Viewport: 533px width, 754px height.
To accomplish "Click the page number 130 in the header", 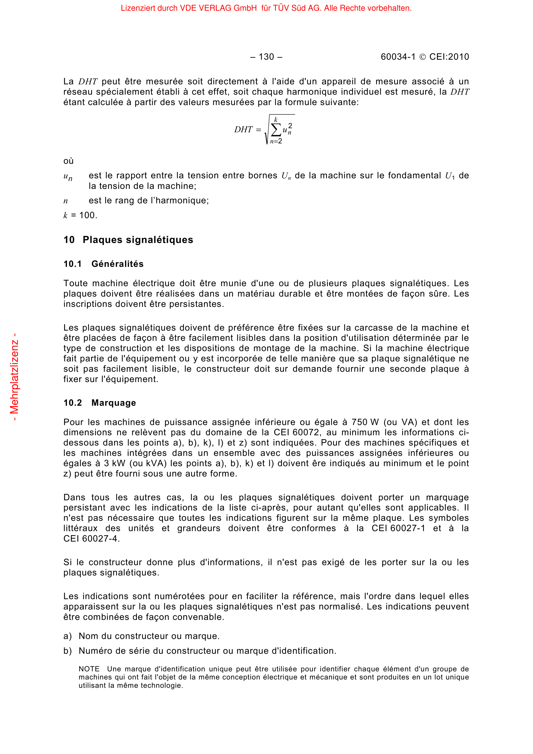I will [266, 57].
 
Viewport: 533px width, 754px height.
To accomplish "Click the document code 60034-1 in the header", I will [398, 57].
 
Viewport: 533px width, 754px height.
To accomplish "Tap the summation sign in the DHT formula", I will [276, 130].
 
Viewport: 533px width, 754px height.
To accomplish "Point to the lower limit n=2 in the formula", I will [276, 141].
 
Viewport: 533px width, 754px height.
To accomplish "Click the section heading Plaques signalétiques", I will [138, 240].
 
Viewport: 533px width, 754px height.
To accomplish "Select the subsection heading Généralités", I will [118, 264].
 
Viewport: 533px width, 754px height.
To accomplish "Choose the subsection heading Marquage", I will [113, 403].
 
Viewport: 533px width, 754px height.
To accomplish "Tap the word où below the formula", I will [69, 161].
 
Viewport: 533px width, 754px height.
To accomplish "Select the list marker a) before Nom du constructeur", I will [67, 636].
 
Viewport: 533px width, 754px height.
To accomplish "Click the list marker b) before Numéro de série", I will [67, 651].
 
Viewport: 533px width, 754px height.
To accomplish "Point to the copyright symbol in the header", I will [423, 57].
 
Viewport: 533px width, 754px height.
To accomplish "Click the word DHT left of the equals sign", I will [243, 130].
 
